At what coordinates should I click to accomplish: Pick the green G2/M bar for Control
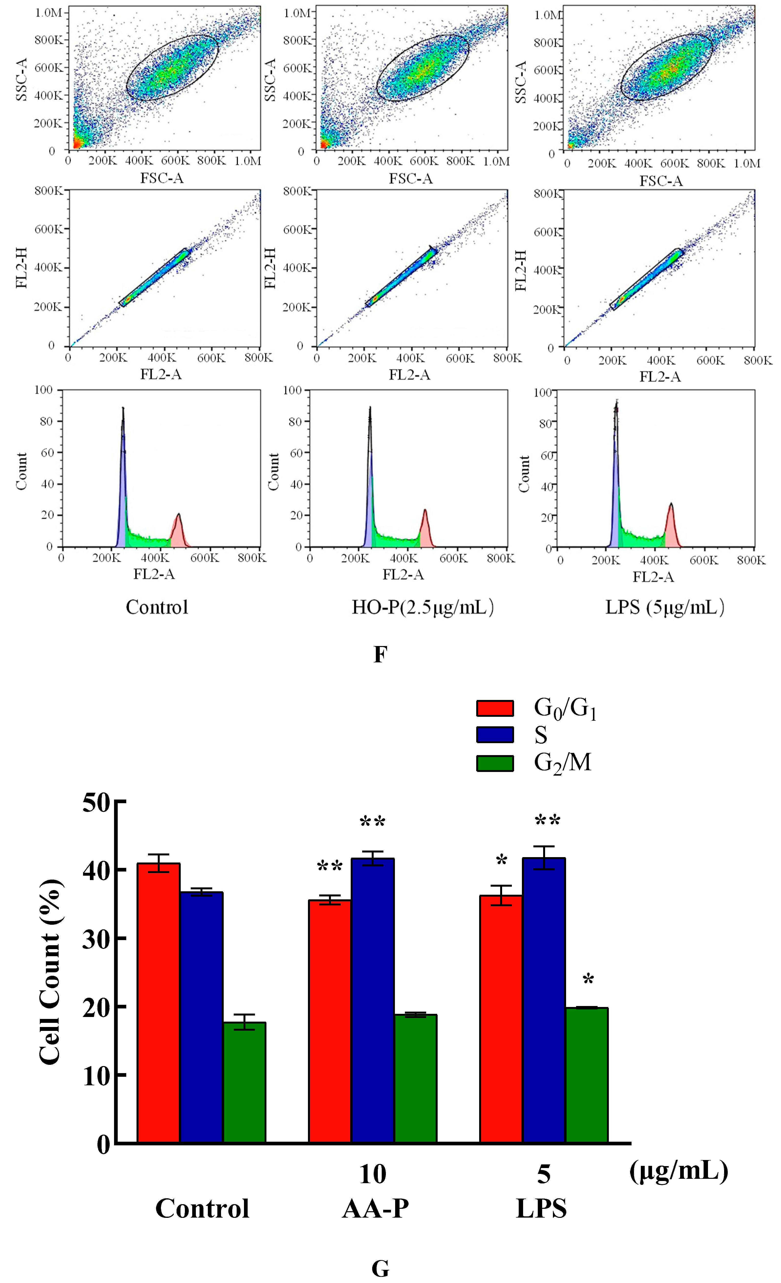click(x=244, y=1083)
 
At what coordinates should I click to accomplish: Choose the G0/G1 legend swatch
click(x=495, y=708)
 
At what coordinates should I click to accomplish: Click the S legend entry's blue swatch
click(x=495, y=735)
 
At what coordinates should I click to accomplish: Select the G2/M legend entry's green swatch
click(x=495, y=763)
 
